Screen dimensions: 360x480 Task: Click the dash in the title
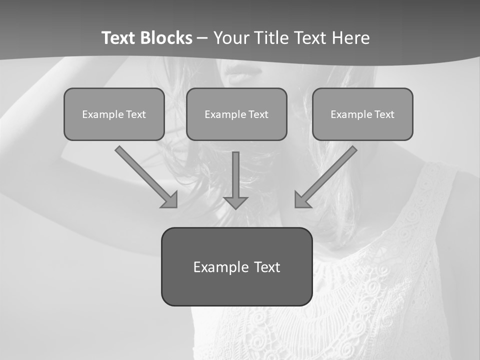(x=202, y=38)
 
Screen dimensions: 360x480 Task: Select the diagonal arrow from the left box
(x=142, y=173)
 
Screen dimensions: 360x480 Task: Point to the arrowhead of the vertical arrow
(x=235, y=202)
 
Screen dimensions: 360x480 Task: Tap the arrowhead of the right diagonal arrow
(x=301, y=200)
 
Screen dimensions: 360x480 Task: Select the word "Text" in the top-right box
(x=384, y=114)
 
